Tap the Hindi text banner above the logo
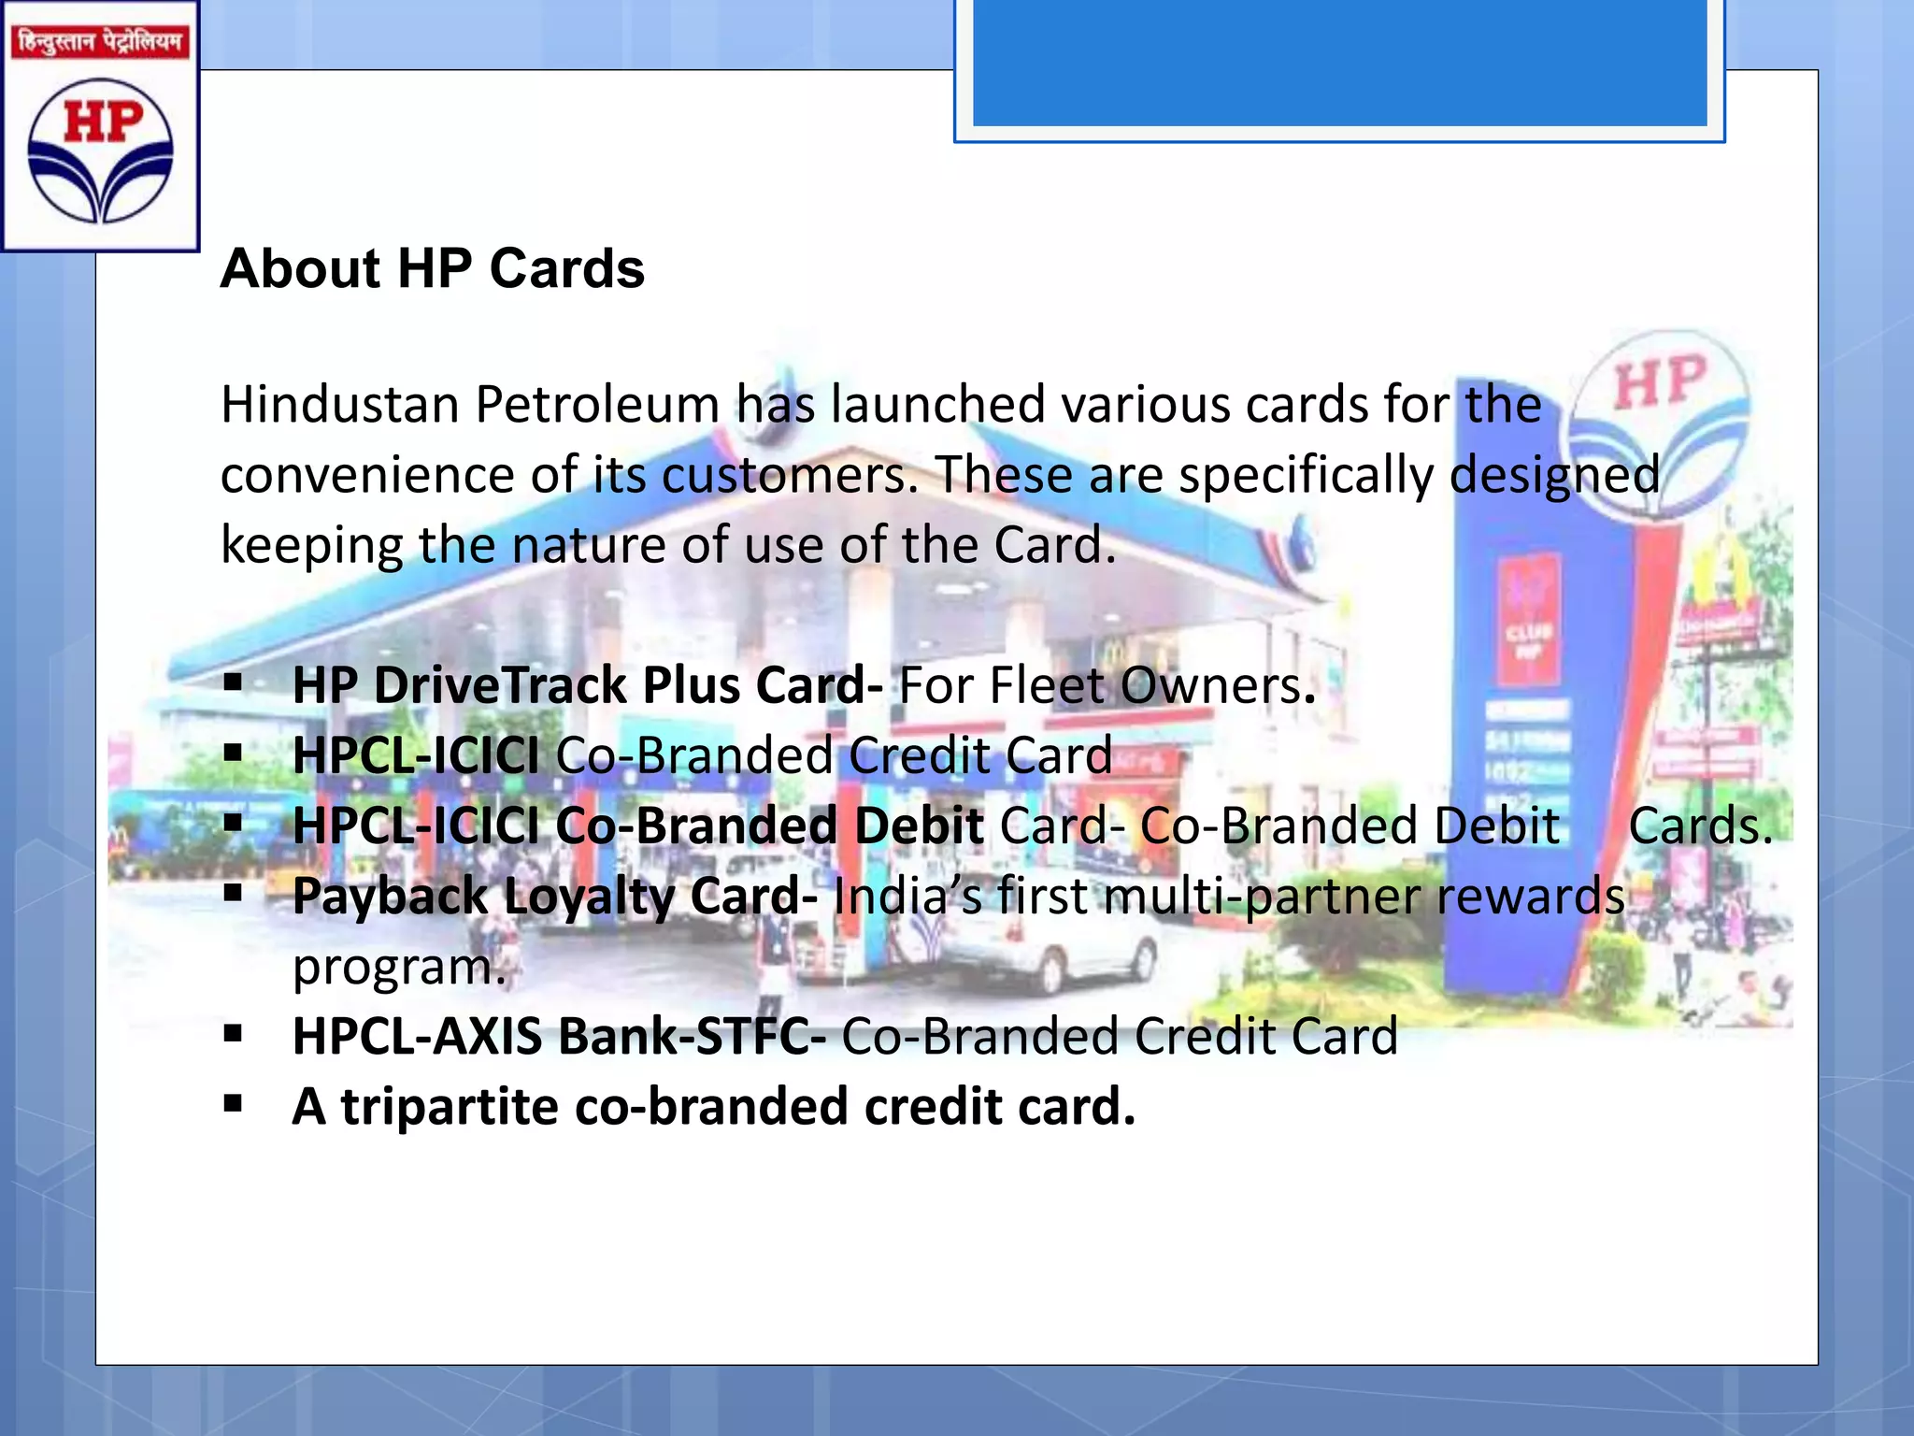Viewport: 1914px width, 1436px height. (x=100, y=42)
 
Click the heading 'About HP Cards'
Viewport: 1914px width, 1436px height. (x=432, y=269)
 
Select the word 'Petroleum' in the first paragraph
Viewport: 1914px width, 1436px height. (x=597, y=405)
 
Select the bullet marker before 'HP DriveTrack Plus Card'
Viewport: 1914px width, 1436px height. (x=233, y=682)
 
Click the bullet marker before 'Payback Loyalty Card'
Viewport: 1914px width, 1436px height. (x=233, y=892)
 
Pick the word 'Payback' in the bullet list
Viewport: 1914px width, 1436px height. (x=390, y=897)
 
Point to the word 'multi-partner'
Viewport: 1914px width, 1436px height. (x=1263, y=897)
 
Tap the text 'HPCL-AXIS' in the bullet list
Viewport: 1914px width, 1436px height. (x=417, y=1037)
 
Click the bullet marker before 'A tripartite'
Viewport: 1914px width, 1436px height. (x=233, y=1103)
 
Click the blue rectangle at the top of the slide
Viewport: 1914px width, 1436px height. (x=1339, y=62)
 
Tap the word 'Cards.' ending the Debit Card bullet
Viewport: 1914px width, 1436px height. (x=1700, y=826)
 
